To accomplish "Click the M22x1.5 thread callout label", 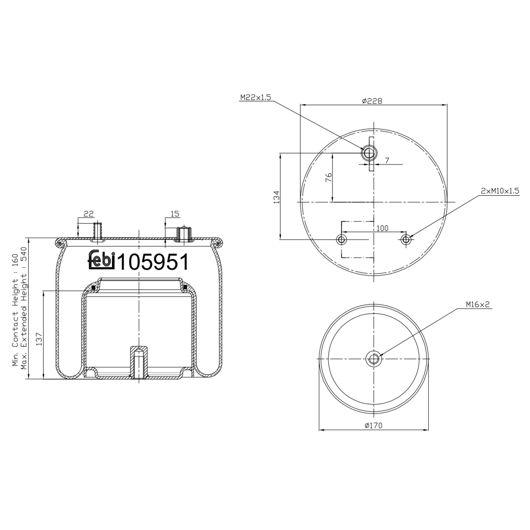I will [255, 98].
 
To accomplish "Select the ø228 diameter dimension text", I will [372, 101].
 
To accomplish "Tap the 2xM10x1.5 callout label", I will [500, 191].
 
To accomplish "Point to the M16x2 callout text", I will [477, 304].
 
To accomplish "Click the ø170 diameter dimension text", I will [373, 425].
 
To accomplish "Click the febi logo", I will [101, 260].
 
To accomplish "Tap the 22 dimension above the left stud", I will [89, 214].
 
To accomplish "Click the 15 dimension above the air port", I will [175, 214].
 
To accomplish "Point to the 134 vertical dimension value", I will [277, 197].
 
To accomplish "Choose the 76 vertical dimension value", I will [328, 178].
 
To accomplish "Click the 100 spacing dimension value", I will [382, 228].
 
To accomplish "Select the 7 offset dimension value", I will [387, 160].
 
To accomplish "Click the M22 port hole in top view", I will [369, 153].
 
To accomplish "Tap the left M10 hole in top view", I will [341, 240].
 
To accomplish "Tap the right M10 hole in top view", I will [406, 240].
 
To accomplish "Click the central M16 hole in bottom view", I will [373, 359].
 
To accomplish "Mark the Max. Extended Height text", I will [24, 308].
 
